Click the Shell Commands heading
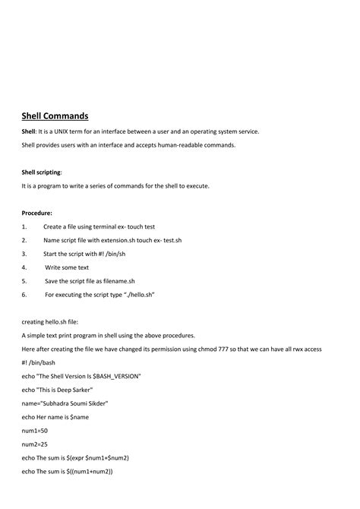55,115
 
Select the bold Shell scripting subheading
42,172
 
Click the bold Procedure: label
37,213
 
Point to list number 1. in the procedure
24,226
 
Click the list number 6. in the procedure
24,294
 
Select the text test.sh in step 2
170,240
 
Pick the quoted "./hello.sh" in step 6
138,294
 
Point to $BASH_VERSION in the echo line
115,376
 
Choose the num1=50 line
35,430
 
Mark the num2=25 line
35,444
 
